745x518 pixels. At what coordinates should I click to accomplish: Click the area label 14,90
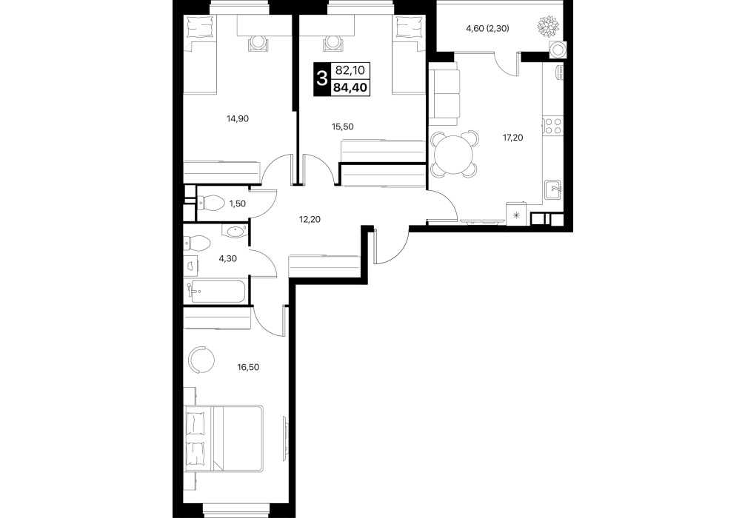click(x=238, y=118)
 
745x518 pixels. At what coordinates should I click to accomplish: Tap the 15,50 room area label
click(x=343, y=127)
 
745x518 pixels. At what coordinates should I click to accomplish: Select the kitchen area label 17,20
click(x=512, y=138)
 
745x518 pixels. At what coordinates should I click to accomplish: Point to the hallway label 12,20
click(x=310, y=219)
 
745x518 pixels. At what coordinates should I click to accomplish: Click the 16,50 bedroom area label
click(x=248, y=367)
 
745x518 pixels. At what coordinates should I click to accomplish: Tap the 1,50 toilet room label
click(x=238, y=203)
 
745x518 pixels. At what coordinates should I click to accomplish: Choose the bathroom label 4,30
click(x=227, y=259)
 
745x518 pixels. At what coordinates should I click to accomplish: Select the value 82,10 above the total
click(x=350, y=71)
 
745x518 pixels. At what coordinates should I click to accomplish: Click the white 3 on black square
click(x=321, y=79)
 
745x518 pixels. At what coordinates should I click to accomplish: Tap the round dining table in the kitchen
click(x=454, y=155)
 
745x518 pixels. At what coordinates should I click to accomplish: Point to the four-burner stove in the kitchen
click(x=552, y=125)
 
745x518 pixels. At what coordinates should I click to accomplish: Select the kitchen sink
click(x=553, y=190)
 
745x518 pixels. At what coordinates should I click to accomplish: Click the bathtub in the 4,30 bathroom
click(x=218, y=292)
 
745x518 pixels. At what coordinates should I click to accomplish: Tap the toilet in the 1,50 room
click(x=210, y=204)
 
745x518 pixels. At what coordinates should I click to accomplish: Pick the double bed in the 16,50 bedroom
click(x=224, y=438)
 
